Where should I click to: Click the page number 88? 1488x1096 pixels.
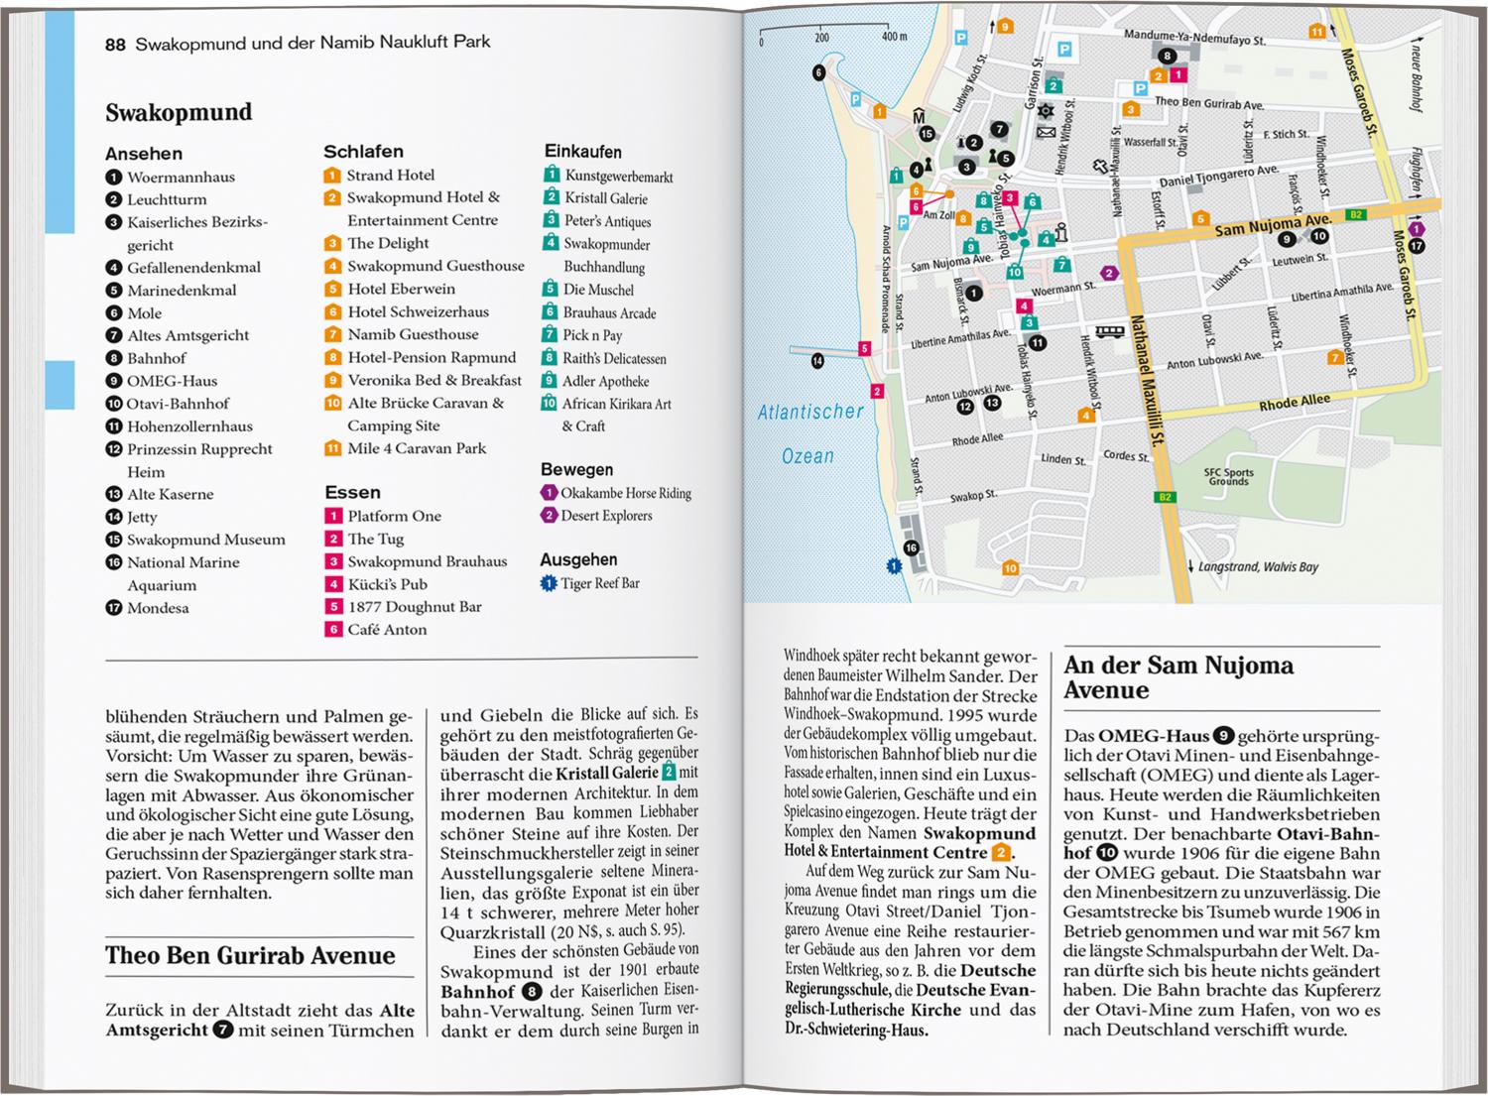point(115,44)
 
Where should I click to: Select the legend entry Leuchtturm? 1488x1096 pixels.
point(166,199)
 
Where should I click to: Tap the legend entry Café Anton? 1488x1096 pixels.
point(386,629)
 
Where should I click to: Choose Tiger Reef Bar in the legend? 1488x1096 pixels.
point(599,583)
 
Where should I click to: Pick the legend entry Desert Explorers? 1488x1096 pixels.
point(605,516)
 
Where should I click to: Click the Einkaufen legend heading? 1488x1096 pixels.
point(582,152)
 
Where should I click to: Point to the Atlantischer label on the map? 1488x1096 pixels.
point(810,412)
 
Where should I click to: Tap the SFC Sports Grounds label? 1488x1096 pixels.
point(1229,476)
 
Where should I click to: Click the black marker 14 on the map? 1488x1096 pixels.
point(817,361)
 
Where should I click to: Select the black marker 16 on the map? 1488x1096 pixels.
point(911,548)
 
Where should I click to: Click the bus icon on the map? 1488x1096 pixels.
point(1109,331)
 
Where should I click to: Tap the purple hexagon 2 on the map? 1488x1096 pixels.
point(1109,273)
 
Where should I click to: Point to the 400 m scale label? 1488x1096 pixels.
point(894,37)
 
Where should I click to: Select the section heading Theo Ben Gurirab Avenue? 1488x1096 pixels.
point(250,955)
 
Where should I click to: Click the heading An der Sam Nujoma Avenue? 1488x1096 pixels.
point(1178,677)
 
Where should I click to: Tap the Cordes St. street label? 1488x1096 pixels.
point(1126,456)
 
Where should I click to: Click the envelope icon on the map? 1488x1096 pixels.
point(1046,131)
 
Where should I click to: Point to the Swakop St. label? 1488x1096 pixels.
point(973,496)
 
